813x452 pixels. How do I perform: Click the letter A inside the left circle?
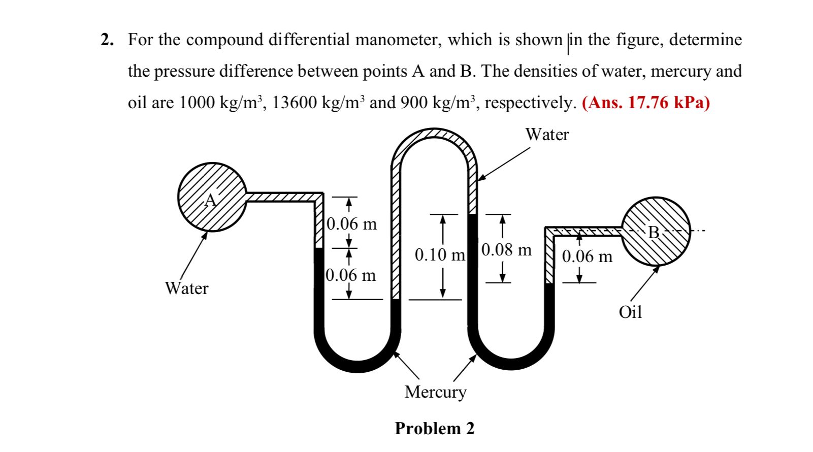pos(210,200)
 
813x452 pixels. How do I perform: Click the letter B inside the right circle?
pos(654,233)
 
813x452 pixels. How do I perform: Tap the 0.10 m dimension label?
pos(440,254)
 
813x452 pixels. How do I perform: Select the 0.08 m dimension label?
pos(506,250)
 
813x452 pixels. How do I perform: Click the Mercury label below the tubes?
pos(435,392)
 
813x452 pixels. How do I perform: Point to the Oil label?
pos(630,312)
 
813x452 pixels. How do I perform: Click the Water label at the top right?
pos(547,135)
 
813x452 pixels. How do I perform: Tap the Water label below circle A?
pos(186,288)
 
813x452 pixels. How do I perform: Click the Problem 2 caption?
pos(434,429)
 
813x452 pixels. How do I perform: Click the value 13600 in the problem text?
pos(293,103)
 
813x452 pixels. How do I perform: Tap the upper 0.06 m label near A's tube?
pos(352,224)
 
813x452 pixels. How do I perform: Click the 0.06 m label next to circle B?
pos(587,256)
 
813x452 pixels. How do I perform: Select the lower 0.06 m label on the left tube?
pos(351,275)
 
